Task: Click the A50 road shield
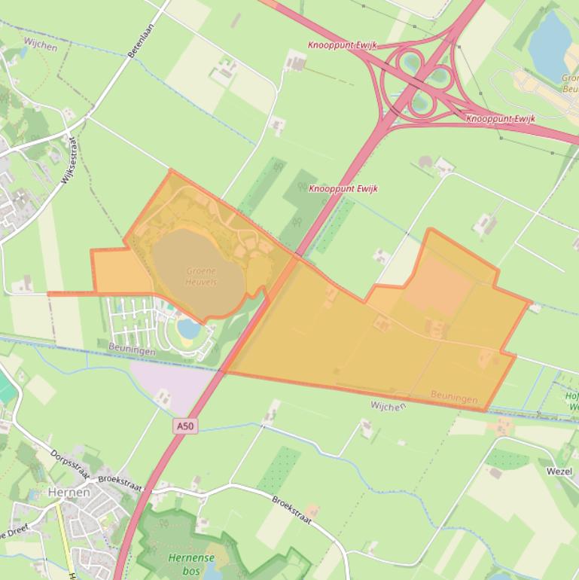[x=185, y=426]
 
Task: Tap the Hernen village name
[x=69, y=492]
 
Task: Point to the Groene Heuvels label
[x=201, y=276]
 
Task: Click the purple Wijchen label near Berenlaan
[x=40, y=44]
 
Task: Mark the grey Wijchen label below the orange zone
[x=388, y=405]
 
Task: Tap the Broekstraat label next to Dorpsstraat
[x=120, y=483]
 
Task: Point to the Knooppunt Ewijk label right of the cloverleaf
[x=501, y=119]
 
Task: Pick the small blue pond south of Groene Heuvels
[x=188, y=329]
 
